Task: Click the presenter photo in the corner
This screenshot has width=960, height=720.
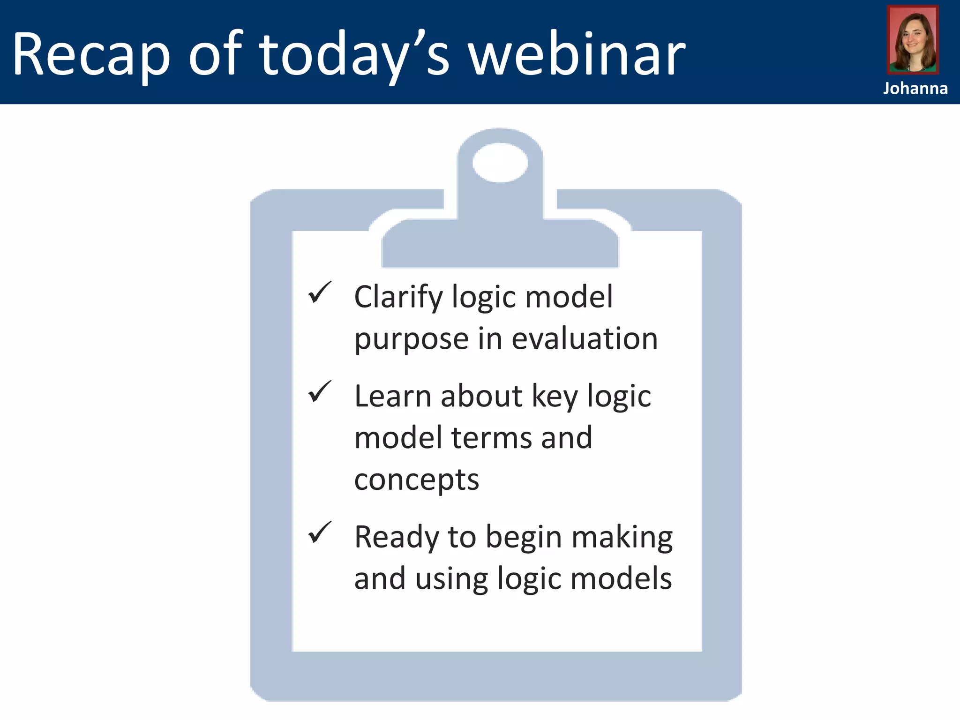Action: [913, 40]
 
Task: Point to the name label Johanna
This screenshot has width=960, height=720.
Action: [915, 88]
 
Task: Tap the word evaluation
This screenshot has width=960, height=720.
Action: [585, 338]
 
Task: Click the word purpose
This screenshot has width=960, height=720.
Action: [411, 339]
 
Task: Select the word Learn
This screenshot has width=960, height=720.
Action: [392, 396]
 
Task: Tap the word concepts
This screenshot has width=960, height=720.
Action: [416, 480]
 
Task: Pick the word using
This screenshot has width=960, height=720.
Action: [451, 579]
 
